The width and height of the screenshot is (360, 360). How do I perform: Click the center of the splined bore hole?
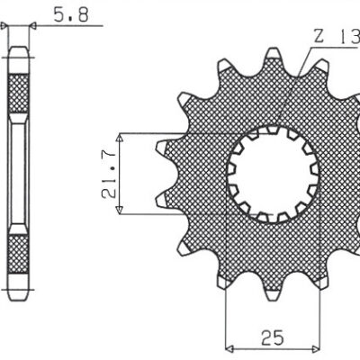273,175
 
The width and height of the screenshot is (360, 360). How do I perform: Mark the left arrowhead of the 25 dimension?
229,347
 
